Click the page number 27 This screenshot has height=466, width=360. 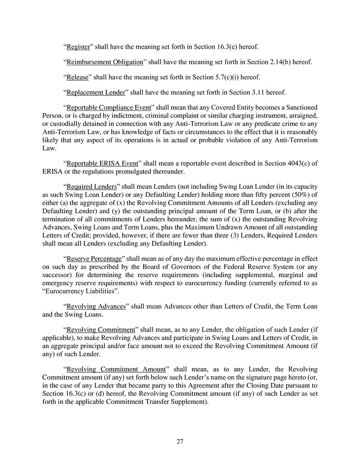[x=180, y=442]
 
